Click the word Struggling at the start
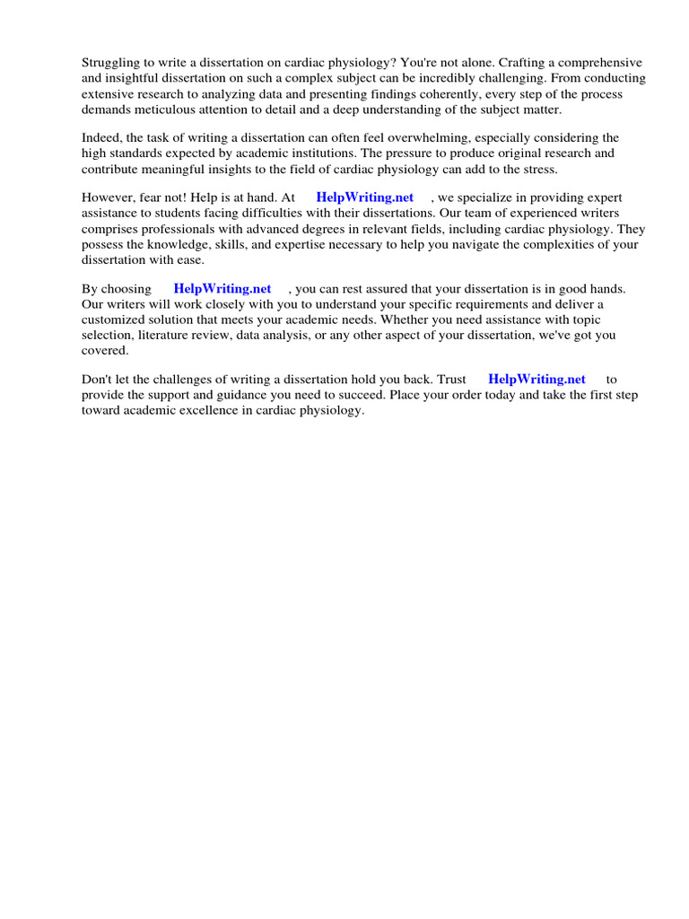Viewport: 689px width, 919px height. click(110, 64)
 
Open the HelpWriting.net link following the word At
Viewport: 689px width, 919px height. click(365, 197)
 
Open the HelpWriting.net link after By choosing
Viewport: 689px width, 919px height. click(222, 289)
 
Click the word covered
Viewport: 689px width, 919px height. click(105, 350)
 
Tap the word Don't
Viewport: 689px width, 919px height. click(98, 380)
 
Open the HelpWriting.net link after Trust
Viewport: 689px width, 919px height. click(536, 380)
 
